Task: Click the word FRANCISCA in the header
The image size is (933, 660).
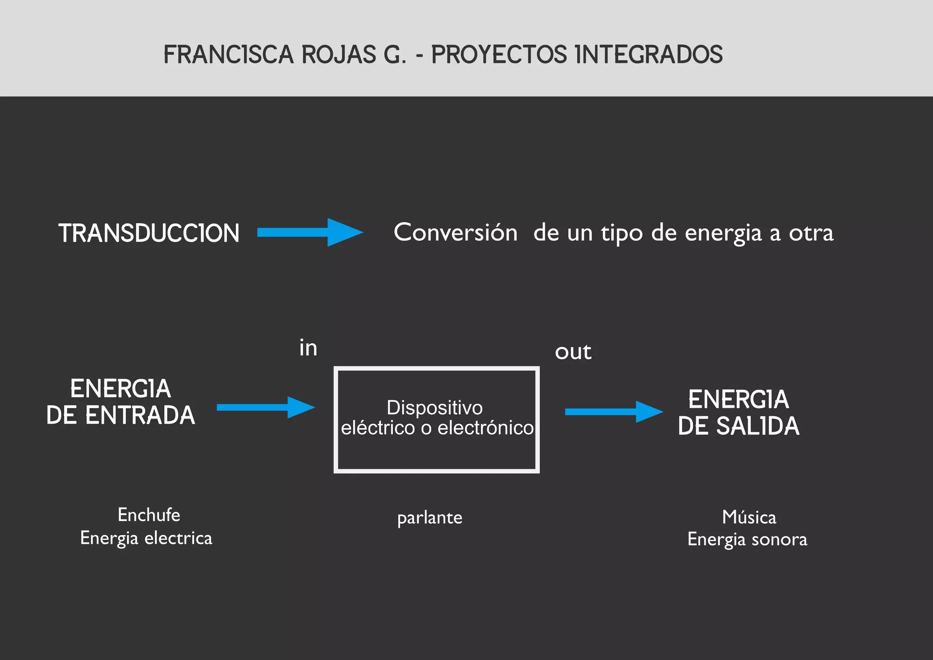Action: tap(228, 55)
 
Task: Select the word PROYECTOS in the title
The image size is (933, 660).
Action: tap(499, 55)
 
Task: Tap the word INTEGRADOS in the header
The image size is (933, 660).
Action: tap(649, 55)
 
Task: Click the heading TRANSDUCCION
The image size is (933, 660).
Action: tap(149, 233)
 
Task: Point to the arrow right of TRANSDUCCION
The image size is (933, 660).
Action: tap(310, 232)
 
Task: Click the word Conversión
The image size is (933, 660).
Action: tap(456, 232)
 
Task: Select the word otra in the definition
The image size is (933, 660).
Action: tap(811, 233)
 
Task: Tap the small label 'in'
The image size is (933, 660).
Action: tap(308, 348)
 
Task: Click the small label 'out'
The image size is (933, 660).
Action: tap(573, 352)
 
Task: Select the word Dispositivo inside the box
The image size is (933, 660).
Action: tap(435, 408)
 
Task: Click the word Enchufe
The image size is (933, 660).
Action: tap(149, 515)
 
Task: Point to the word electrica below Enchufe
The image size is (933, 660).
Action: tap(178, 538)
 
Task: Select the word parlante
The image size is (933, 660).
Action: tap(430, 518)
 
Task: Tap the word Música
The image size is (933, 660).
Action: tap(749, 517)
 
